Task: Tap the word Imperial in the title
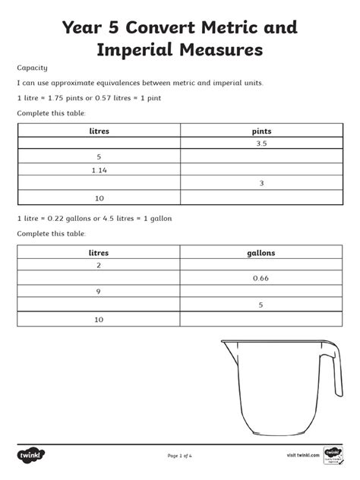137,51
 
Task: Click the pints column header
261,131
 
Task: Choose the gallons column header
261,252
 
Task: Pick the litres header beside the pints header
99,131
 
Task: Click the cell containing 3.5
261,144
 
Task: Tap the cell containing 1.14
99,170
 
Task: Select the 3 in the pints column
261,184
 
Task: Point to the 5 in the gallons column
261,305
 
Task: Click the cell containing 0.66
261,279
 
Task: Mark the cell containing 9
99,292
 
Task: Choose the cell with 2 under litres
99,266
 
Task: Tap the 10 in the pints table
99,197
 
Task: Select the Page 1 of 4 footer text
180,455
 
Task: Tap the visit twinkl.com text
302,455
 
